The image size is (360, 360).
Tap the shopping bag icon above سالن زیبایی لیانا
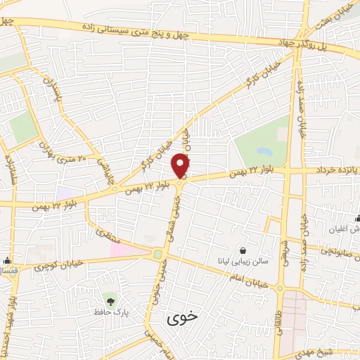click(x=243, y=250)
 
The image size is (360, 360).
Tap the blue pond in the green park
click(x=264, y=151)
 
